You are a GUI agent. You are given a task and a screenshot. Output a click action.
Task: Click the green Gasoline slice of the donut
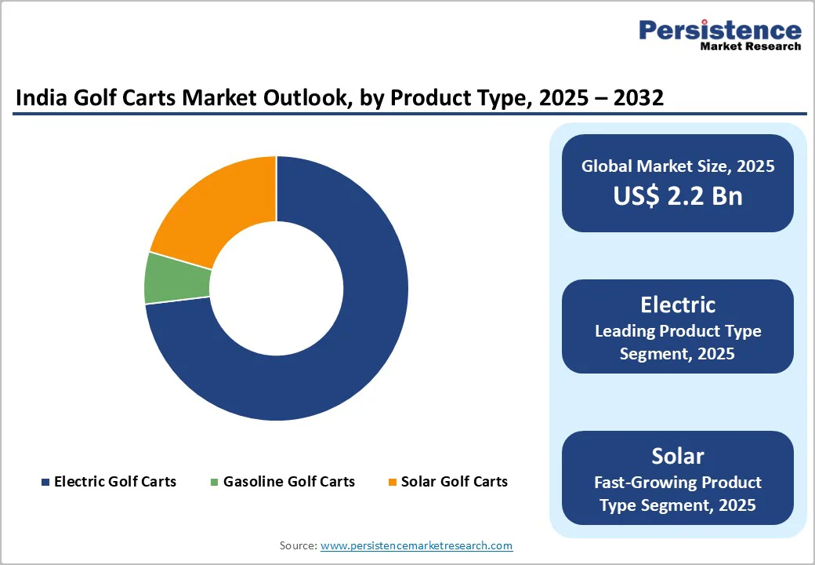(178, 279)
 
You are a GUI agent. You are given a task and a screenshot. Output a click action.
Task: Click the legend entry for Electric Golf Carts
(114, 482)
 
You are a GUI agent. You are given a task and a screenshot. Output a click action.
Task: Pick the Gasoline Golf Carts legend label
(288, 482)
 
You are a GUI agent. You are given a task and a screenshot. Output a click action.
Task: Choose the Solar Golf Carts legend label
(454, 482)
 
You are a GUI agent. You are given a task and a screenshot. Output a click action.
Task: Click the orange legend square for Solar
(393, 482)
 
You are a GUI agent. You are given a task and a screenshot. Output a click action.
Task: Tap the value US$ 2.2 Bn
(677, 195)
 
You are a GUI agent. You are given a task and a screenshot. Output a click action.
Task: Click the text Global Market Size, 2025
(677, 166)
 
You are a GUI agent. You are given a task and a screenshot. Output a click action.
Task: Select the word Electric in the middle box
(677, 304)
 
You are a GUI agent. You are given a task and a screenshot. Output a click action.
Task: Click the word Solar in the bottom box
(677, 456)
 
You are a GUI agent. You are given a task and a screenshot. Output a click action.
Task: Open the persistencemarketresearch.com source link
(416, 545)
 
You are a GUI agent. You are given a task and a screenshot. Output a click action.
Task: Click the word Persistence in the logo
(719, 31)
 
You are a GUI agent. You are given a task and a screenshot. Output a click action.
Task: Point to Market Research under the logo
(750, 47)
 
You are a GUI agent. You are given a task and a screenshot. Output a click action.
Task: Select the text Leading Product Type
(677, 331)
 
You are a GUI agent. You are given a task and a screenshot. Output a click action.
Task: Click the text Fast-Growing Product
(677, 482)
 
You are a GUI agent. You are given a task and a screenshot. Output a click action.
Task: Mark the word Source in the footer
(298, 545)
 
